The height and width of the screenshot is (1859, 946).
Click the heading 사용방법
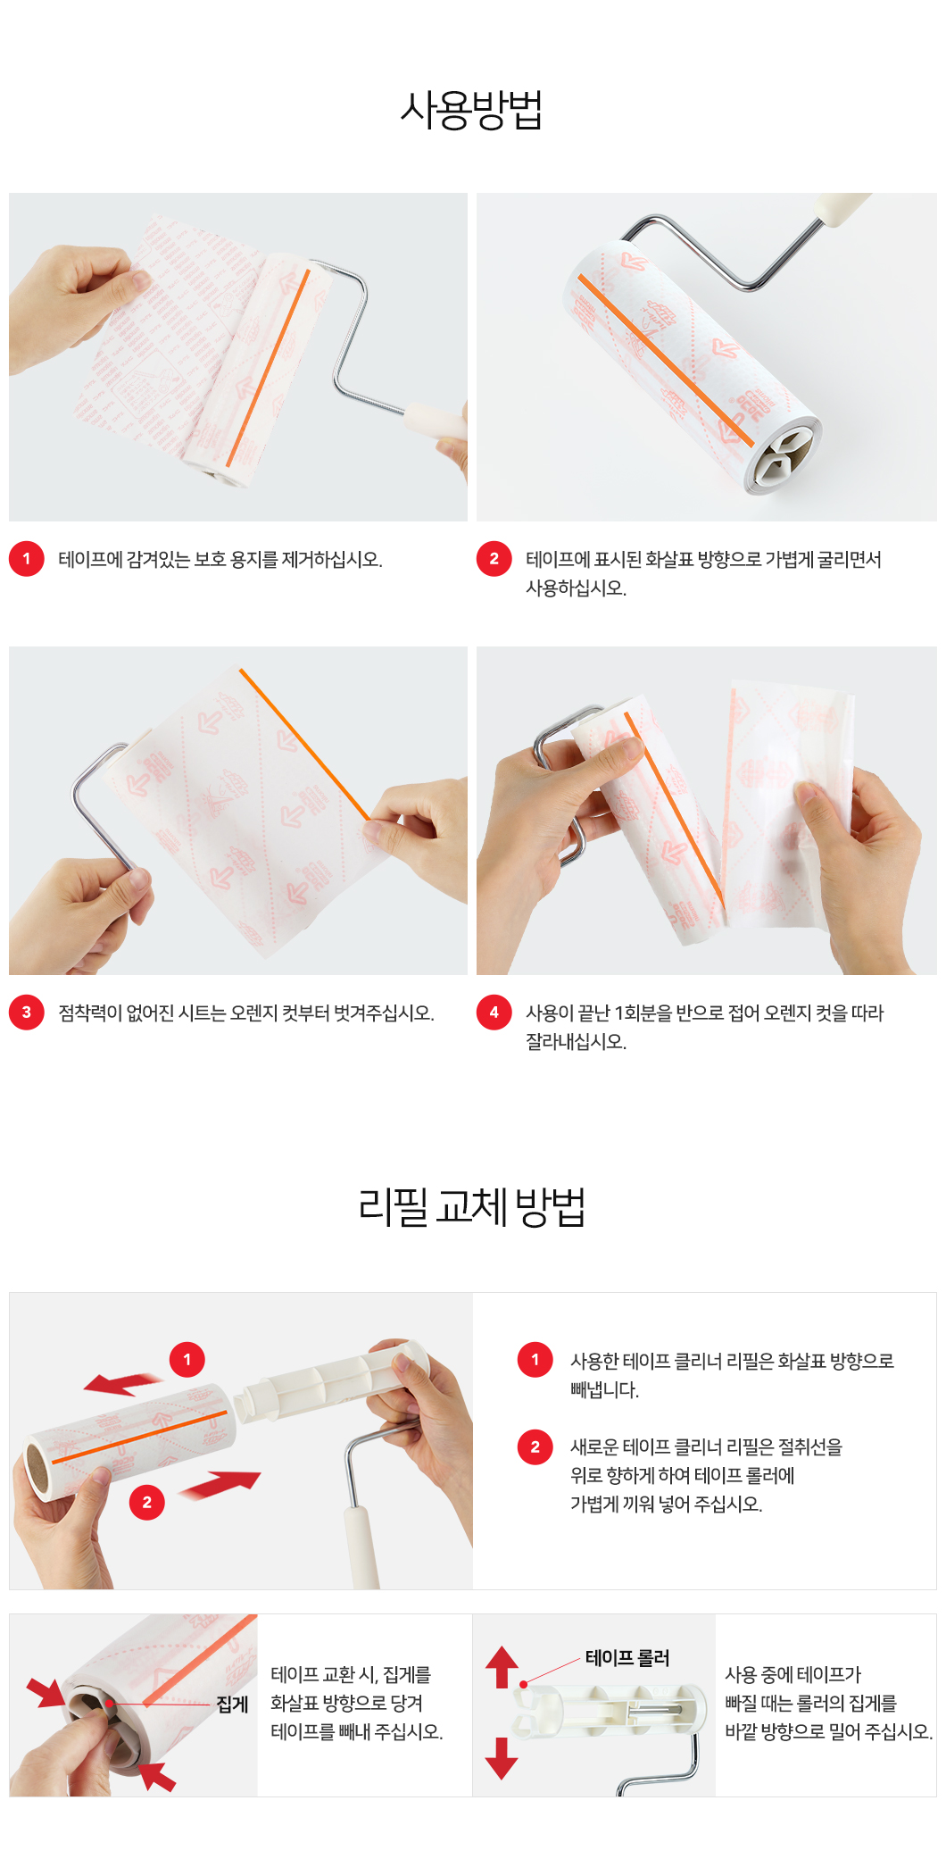471,110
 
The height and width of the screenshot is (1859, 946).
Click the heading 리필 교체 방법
471,1206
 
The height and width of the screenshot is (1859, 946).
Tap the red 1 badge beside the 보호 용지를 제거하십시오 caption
27,559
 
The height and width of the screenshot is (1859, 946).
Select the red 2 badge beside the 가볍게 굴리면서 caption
494,559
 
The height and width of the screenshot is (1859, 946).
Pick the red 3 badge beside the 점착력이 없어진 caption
27,1013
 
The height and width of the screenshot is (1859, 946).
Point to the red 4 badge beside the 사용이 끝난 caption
494,1013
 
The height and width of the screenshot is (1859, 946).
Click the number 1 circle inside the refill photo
187,1360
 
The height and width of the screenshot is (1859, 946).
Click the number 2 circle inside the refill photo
147,1503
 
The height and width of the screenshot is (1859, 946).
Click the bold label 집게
232,1705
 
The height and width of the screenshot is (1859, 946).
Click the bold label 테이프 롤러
627,1658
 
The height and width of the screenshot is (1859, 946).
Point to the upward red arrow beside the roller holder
502,1667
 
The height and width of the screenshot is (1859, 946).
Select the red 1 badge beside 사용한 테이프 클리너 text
535,1360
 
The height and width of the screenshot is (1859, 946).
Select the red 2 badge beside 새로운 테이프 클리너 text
535,1446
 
